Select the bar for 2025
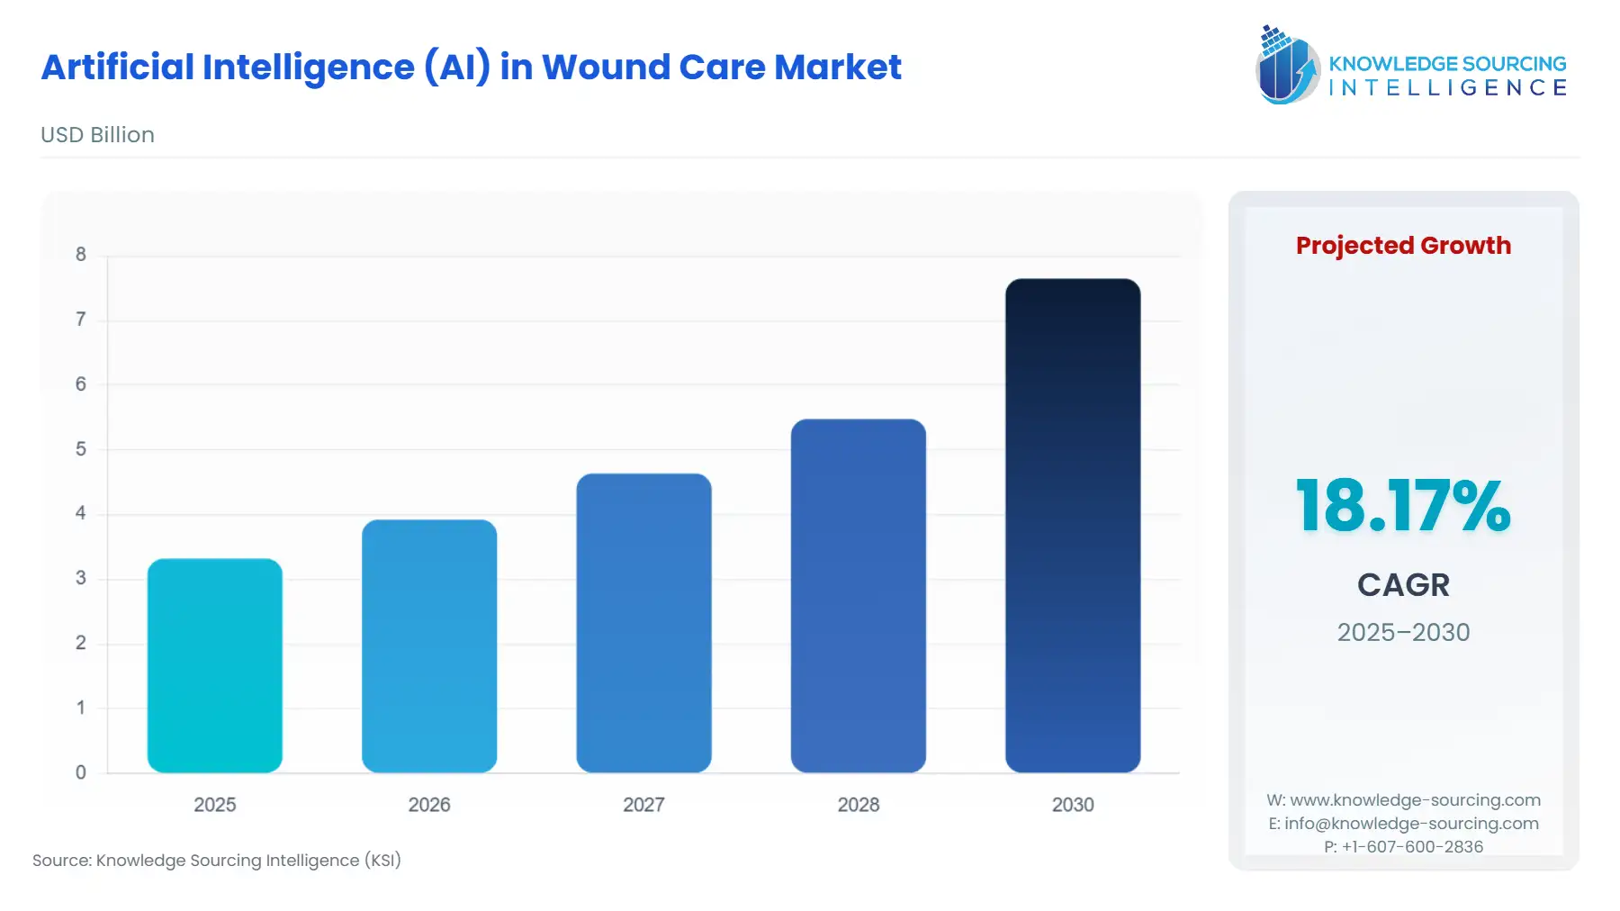coord(214,665)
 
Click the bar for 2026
coord(429,645)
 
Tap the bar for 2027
coord(643,623)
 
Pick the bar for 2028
coord(858,595)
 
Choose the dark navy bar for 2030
coord(1073,525)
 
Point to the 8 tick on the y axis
coord(81,255)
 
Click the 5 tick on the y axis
coord(81,448)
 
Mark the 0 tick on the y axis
coord(81,771)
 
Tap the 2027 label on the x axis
coord(643,805)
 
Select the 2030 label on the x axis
coord(1073,805)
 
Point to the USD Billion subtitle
coord(97,135)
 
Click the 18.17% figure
coord(1402,506)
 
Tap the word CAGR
coord(1403,585)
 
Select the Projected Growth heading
coord(1403,246)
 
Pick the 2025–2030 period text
coord(1403,632)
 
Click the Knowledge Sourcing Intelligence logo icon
coord(1287,65)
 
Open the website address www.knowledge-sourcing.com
coord(1415,800)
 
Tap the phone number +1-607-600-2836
coord(1412,846)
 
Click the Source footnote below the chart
coord(217,861)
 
